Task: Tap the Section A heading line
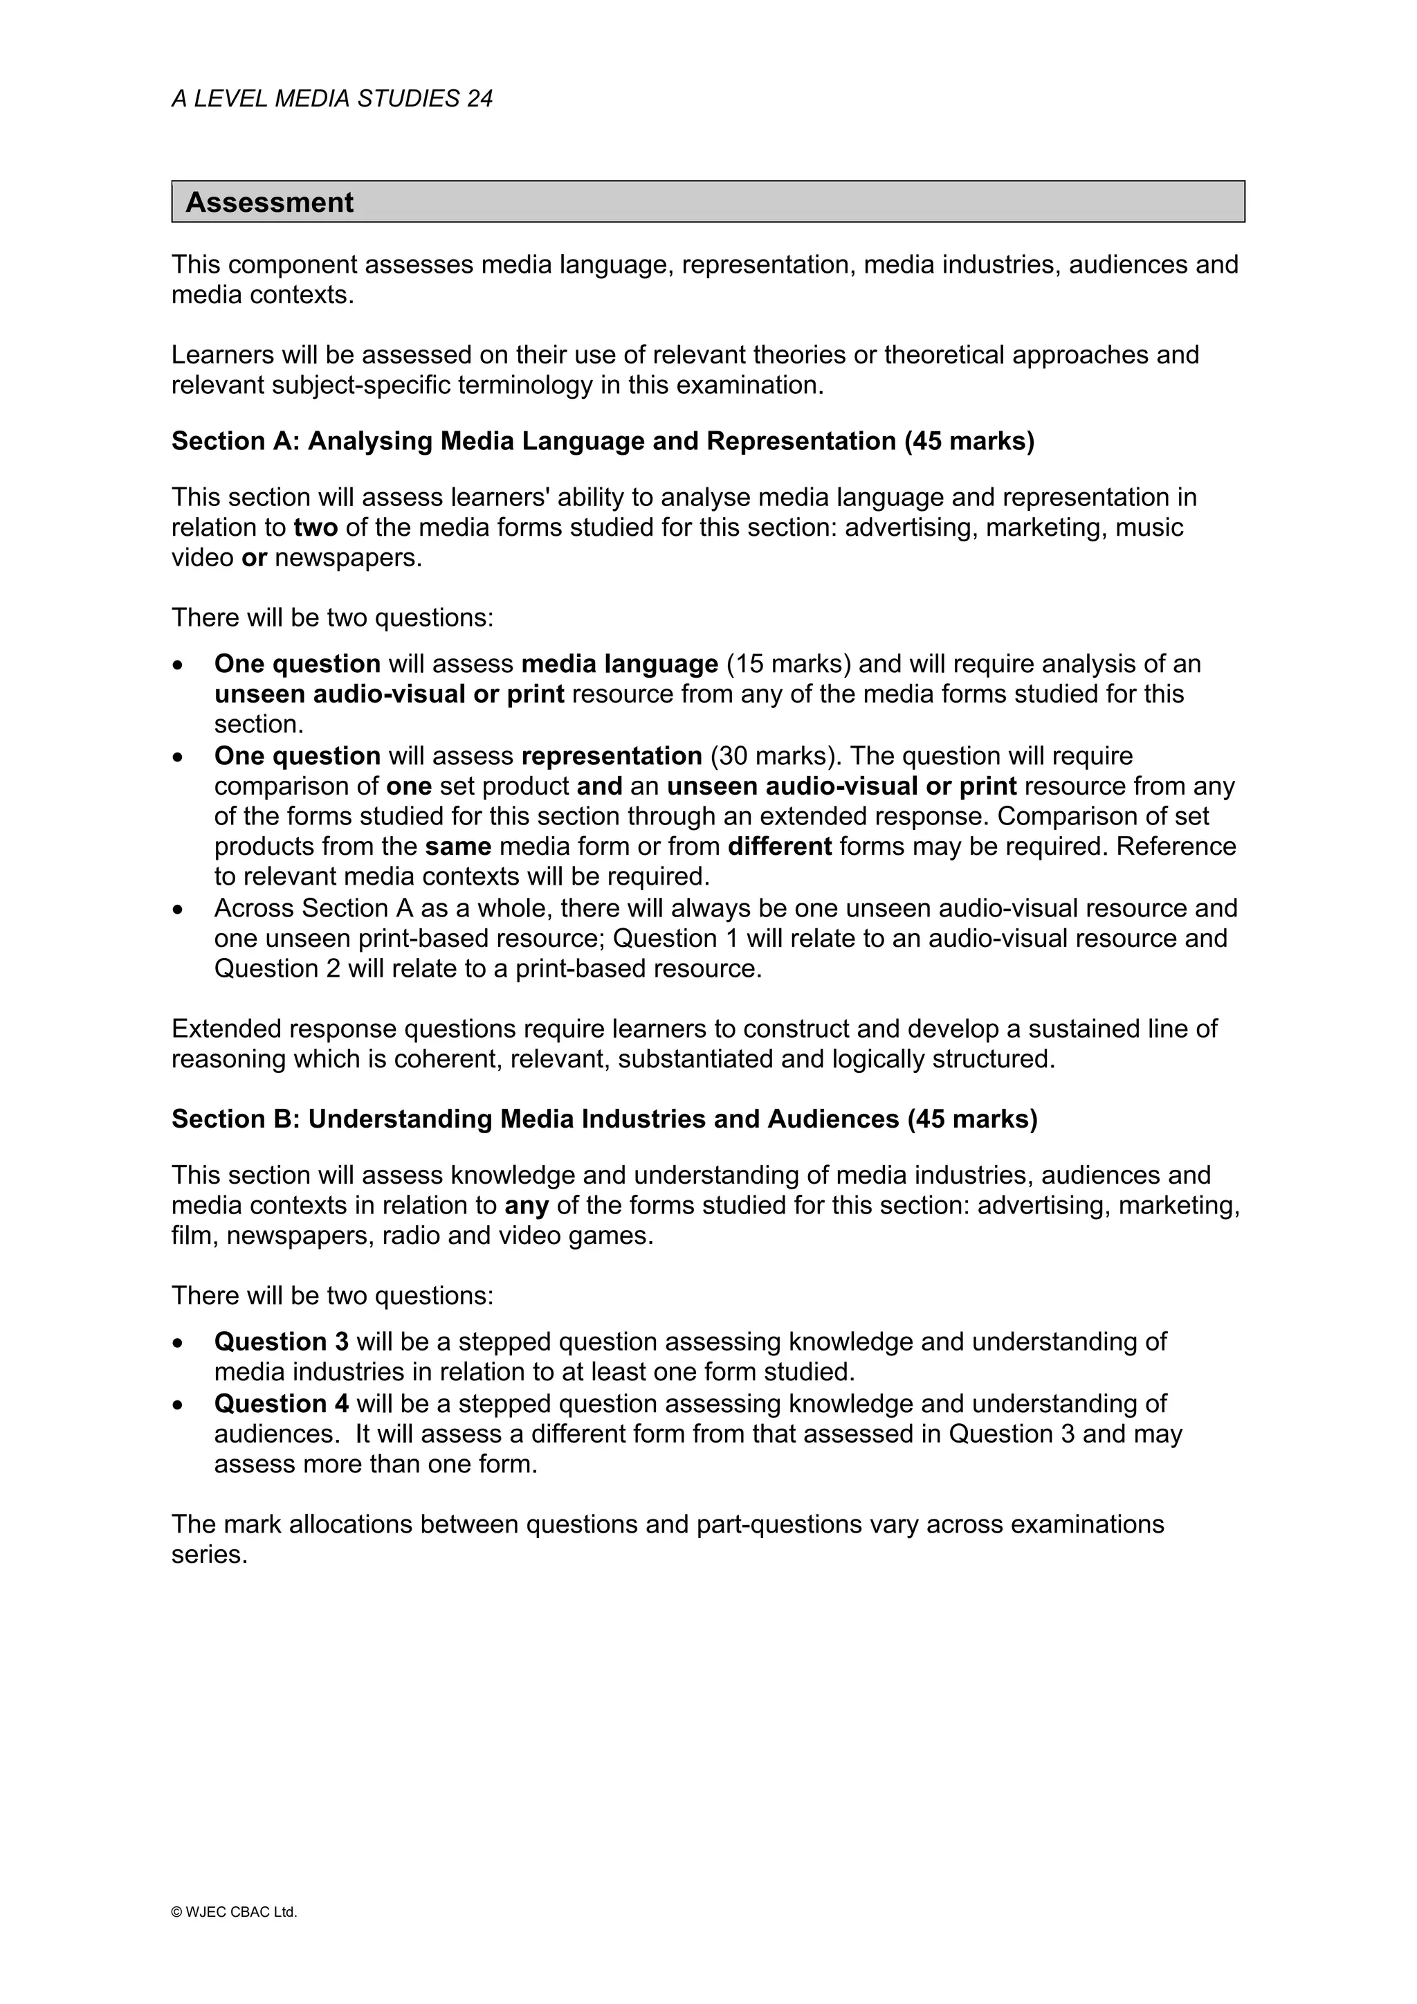coord(602,442)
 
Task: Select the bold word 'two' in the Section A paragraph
coord(316,528)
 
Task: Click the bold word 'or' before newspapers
coord(254,559)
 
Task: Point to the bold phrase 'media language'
coord(619,665)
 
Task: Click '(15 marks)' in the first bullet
coord(788,665)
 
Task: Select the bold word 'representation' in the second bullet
coord(612,756)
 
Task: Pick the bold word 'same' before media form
coord(458,847)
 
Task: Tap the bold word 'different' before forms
coord(779,847)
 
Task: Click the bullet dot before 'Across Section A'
coord(179,910)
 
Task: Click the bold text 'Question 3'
coord(281,1342)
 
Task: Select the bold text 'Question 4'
coord(281,1404)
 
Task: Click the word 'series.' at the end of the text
coord(210,1555)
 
